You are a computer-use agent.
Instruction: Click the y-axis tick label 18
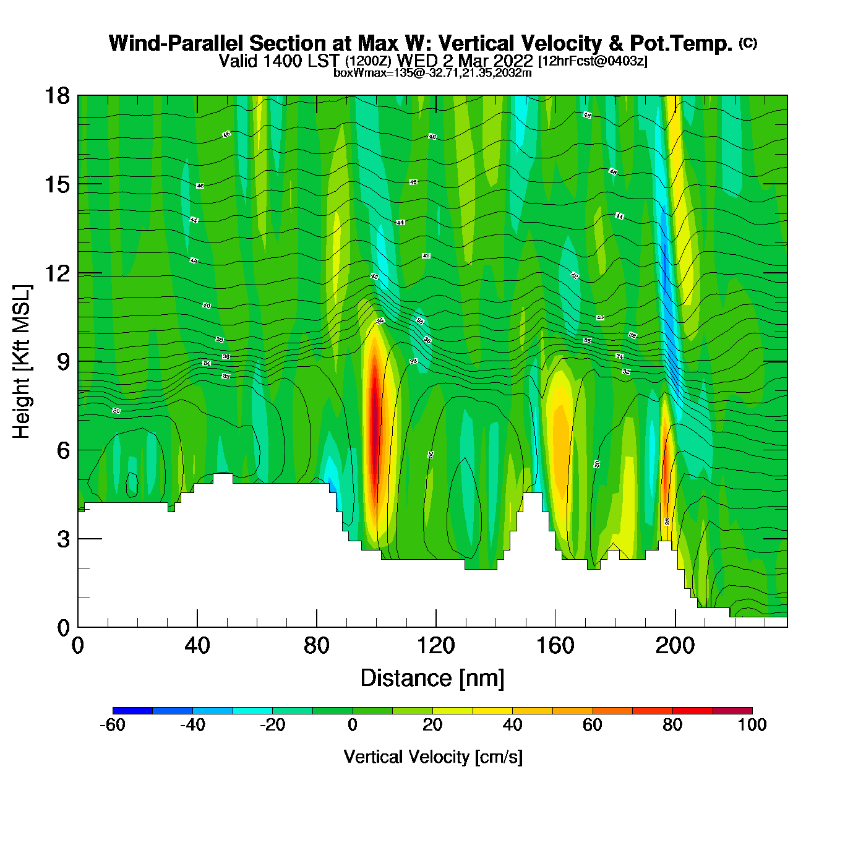click(56, 96)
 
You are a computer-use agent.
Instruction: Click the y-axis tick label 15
click(56, 184)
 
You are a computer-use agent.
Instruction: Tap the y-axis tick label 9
click(63, 362)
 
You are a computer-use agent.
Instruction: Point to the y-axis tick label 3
click(63, 539)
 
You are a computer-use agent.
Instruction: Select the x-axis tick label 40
click(197, 646)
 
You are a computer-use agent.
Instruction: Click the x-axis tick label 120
click(436, 646)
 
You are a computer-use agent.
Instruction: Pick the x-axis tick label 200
click(675, 646)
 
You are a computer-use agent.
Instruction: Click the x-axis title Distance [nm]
click(432, 679)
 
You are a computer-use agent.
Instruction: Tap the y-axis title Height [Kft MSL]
click(22, 362)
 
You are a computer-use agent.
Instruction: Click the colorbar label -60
click(113, 725)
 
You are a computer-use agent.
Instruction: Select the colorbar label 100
click(752, 725)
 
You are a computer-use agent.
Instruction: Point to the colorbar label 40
click(512, 725)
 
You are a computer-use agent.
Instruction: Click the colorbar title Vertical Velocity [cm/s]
click(433, 757)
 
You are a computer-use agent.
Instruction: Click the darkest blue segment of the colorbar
click(132, 711)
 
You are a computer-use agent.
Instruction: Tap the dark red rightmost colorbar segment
click(732, 711)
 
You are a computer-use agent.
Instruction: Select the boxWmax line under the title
click(432, 73)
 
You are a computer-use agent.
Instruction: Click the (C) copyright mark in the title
click(748, 43)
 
